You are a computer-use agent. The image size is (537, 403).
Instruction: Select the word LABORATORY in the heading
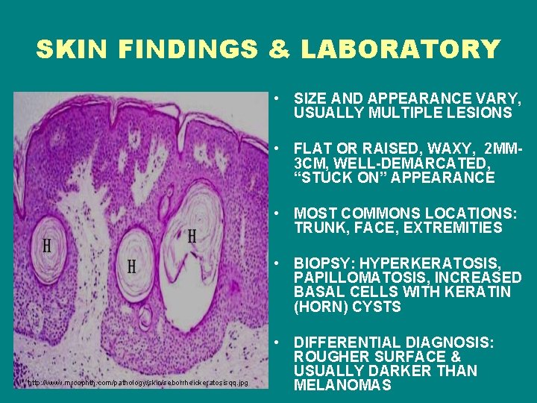point(401,49)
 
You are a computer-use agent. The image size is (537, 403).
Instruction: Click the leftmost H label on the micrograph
point(47,246)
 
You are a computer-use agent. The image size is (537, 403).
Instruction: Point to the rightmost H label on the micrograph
point(192,237)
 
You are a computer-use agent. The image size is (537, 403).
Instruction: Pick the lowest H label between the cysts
point(131,266)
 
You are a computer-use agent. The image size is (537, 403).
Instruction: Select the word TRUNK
point(316,228)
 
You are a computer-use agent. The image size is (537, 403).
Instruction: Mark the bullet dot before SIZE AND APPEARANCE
point(275,99)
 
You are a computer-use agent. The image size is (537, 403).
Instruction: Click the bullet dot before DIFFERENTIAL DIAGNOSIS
point(275,343)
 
